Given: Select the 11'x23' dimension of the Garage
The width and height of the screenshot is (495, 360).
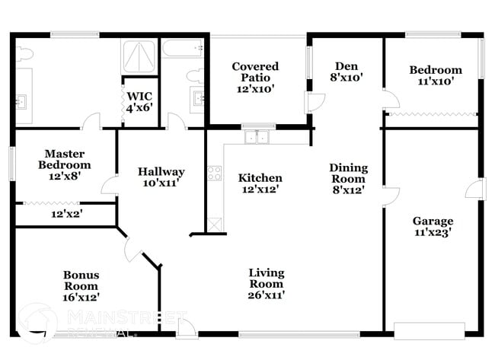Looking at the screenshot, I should point(433,233).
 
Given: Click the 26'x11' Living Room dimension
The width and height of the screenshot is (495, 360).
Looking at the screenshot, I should point(266,294).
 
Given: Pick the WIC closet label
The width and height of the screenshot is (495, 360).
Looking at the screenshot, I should point(139,96).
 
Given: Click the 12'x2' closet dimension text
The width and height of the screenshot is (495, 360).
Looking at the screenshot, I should point(66,214).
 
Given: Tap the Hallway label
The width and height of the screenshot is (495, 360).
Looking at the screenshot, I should point(161,171).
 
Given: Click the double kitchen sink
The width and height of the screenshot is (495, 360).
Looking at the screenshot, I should point(257,138).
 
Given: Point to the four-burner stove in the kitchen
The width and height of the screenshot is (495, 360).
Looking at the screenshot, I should point(214,173).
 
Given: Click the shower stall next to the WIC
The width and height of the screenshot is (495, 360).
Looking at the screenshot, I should point(139,55).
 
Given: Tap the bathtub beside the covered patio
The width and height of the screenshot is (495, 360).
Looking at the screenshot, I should point(183,48).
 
